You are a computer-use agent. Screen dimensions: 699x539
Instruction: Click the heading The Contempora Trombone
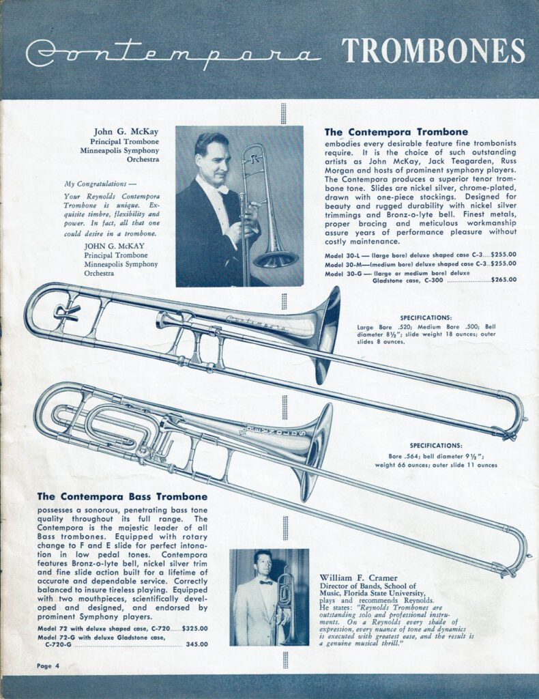[x=396, y=132]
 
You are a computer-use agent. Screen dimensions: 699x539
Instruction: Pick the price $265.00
[x=504, y=279]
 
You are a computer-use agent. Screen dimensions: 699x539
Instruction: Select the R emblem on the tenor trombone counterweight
[x=66, y=311]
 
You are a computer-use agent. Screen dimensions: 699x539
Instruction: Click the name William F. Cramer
[x=358, y=578]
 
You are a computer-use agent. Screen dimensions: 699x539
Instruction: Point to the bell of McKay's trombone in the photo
[x=276, y=259]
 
